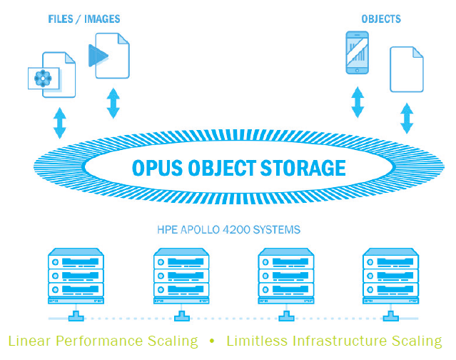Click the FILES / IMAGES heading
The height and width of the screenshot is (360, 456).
tap(85, 19)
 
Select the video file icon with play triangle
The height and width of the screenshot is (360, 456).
tap(109, 58)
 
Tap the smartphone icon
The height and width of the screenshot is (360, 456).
tap(358, 52)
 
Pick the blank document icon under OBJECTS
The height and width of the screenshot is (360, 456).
tap(406, 69)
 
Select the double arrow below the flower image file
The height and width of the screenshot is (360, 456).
tap(60, 122)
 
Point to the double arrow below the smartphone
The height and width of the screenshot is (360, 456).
tap(358, 101)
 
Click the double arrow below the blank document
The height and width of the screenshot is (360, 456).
tap(407, 119)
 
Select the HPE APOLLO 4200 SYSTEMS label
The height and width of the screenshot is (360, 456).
tap(228, 230)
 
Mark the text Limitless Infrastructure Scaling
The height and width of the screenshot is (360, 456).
tap(334, 341)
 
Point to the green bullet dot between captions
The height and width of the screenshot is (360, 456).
tap(212, 341)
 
